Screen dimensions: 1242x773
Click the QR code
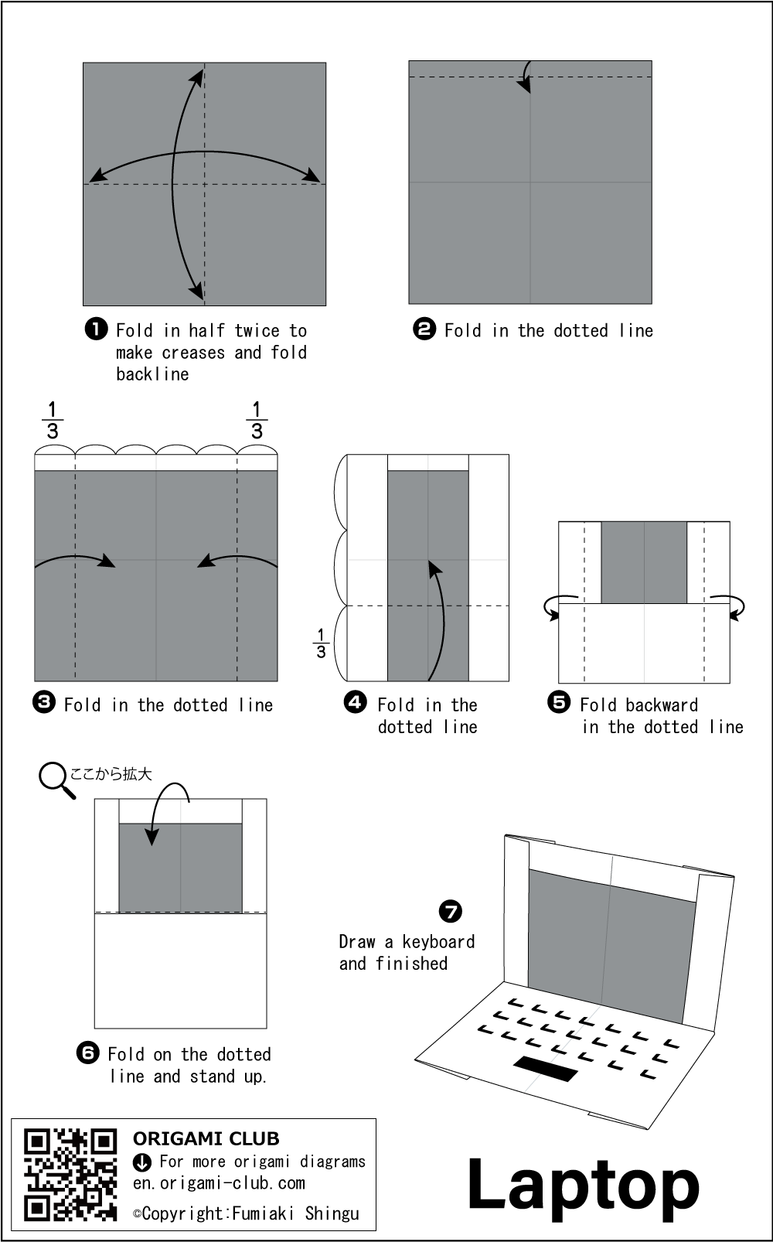(70, 1175)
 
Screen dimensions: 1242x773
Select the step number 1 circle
(95, 329)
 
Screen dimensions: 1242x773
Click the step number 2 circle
(424, 329)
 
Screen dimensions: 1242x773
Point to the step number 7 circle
(450, 911)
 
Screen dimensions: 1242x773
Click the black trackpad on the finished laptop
(546, 1068)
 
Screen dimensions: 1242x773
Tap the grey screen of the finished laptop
(607, 943)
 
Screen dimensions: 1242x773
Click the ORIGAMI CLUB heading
(206, 1138)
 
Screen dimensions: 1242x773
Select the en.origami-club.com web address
(219, 1183)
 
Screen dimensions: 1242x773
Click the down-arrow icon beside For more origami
(142, 1162)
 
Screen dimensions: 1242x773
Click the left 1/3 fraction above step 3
(53, 421)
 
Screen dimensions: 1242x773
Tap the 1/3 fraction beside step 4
(321, 643)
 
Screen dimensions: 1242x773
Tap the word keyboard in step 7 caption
(438, 942)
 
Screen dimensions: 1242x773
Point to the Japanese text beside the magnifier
(111, 773)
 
